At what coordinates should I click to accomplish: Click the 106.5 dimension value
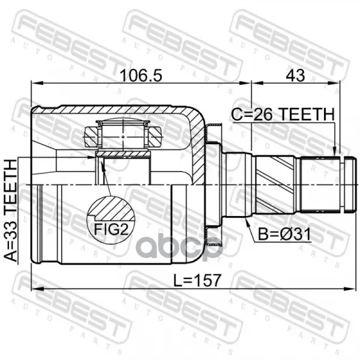141,76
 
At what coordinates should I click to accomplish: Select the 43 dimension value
295,76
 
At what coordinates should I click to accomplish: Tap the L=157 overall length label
197,280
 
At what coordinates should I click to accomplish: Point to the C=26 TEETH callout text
283,115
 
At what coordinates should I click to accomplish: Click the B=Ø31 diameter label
284,234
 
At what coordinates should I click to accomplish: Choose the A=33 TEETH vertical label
11,211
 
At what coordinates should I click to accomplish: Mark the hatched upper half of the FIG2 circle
112,208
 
